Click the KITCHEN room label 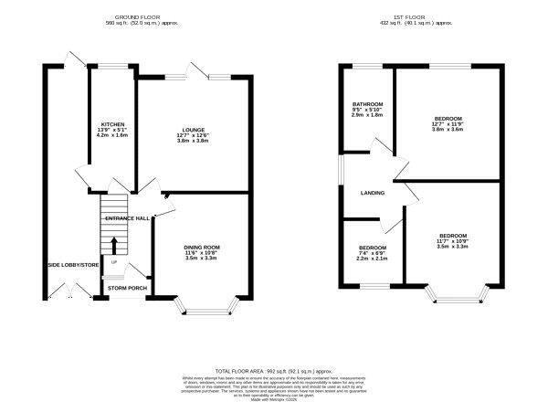coord(112,124)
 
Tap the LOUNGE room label coord(192,130)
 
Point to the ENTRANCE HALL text coord(126,218)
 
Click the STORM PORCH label coord(126,288)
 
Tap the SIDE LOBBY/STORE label coord(73,265)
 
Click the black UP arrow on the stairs coord(114,245)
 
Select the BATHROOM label coord(368,105)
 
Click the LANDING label coord(373,193)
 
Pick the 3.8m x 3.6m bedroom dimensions coord(448,130)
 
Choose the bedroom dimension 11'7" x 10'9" coord(452,241)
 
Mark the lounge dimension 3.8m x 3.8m coord(192,142)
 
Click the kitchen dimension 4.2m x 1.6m coord(112,135)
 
